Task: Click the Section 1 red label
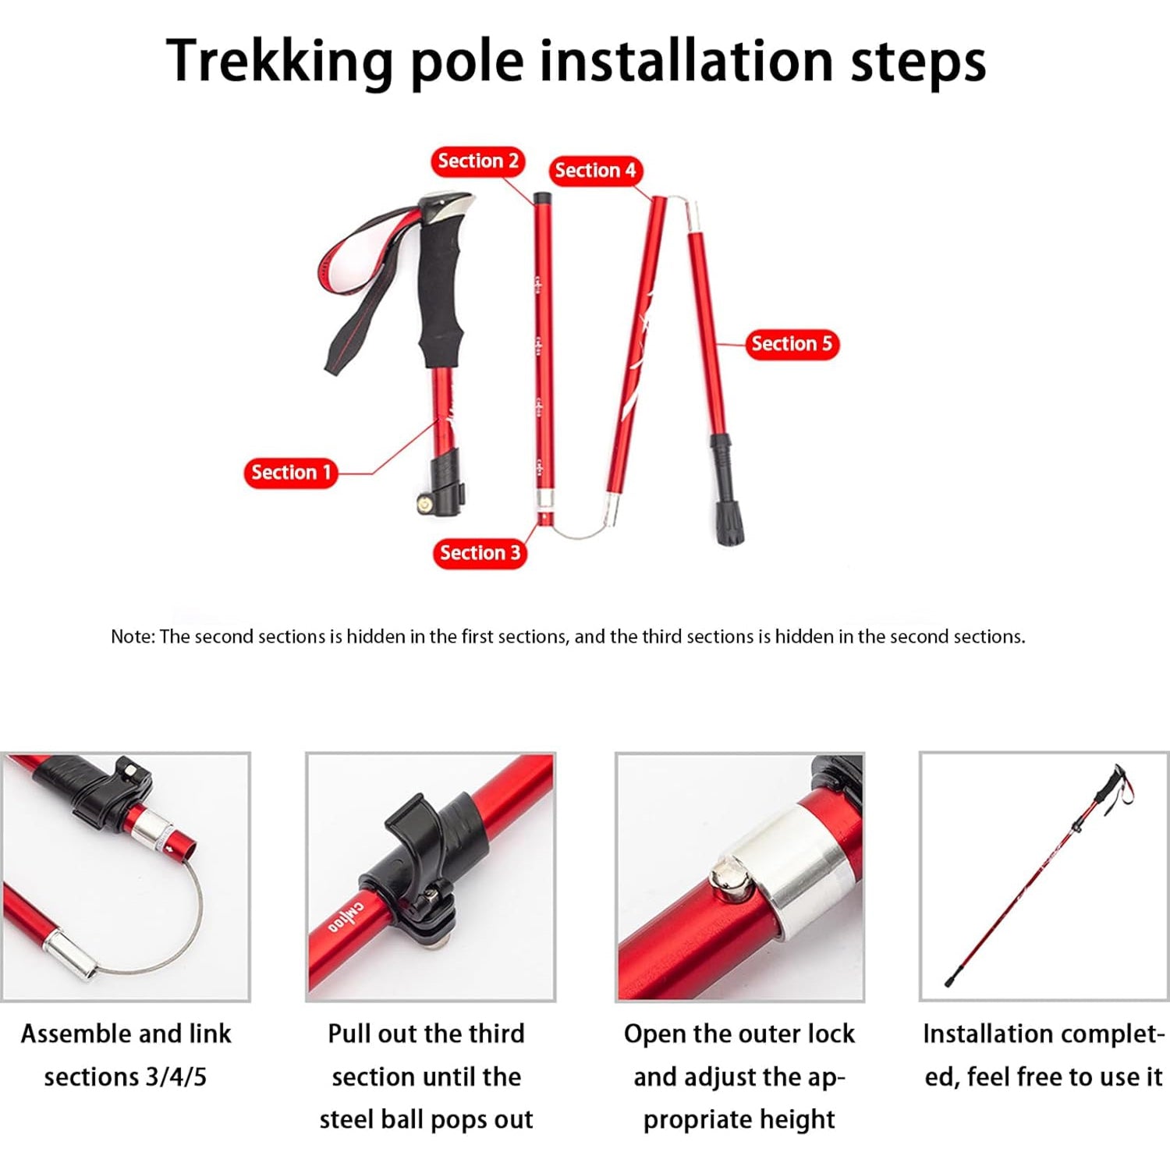click(x=290, y=473)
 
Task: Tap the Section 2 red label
click(x=477, y=161)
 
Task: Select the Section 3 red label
click(x=479, y=553)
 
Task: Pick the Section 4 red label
click(x=595, y=171)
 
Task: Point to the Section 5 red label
click(x=791, y=344)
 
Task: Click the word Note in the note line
click(x=131, y=636)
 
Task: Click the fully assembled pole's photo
click(x=1044, y=875)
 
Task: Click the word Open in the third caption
click(x=654, y=1034)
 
